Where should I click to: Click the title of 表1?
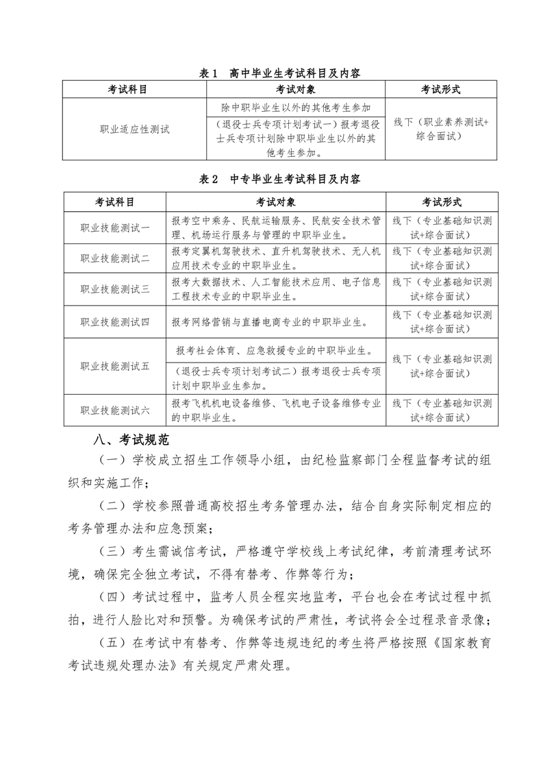(x=279, y=73)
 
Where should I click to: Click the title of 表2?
(x=279, y=180)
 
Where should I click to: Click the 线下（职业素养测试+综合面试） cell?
(x=441, y=129)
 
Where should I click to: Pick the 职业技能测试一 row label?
(x=115, y=228)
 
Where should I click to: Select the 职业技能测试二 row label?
(x=115, y=258)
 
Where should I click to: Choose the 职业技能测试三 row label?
(x=115, y=289)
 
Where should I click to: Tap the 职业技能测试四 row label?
(x=115, y=321)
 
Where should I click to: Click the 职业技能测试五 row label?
(x=115, y=365)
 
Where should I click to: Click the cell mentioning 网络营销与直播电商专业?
(x=274, y=321)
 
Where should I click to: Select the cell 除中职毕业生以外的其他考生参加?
(x=296, y=108)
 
